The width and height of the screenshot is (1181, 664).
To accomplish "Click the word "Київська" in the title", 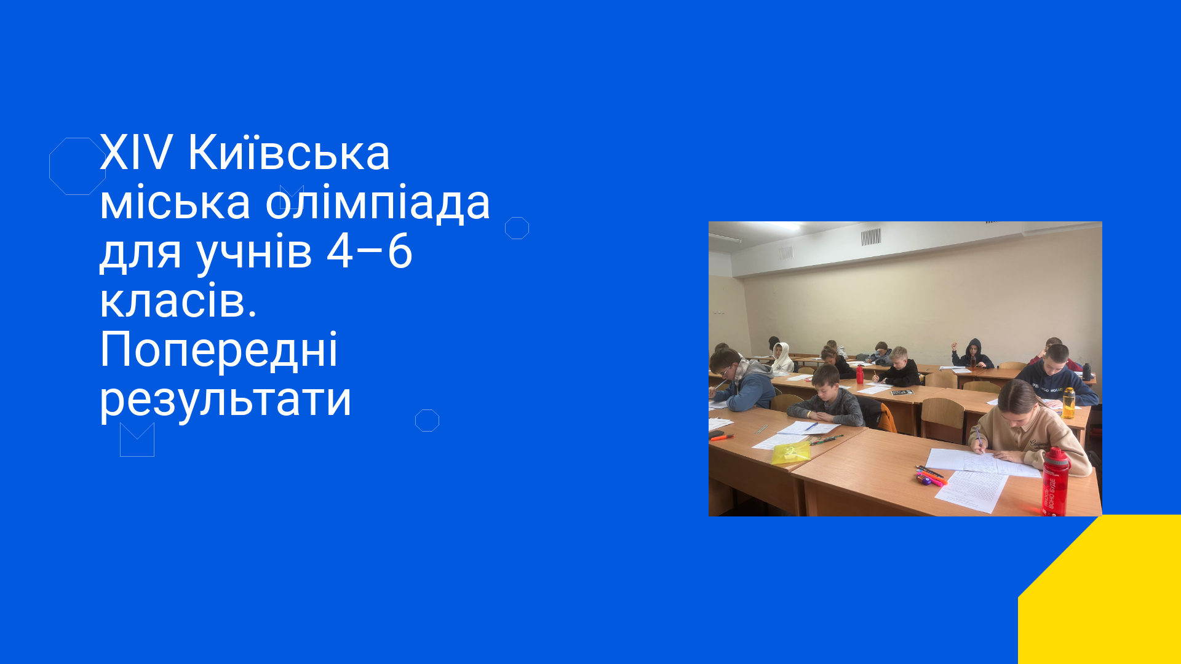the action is [x=288, y=152].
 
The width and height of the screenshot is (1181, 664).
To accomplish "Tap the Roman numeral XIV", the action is [x=136, y=152].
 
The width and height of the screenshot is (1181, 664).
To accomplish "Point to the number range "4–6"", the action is [x=369, y=252].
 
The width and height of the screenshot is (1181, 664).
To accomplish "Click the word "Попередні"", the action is [x=219, y=349].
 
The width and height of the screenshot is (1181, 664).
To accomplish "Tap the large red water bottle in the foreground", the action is [x=1056, y=482].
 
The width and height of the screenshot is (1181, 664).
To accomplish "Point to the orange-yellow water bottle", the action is [x=1068, y=403].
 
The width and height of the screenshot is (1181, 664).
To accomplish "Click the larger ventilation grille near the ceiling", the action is [x=870, y=237].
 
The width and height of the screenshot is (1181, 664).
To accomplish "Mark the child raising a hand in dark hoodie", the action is [x=972, y=354].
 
